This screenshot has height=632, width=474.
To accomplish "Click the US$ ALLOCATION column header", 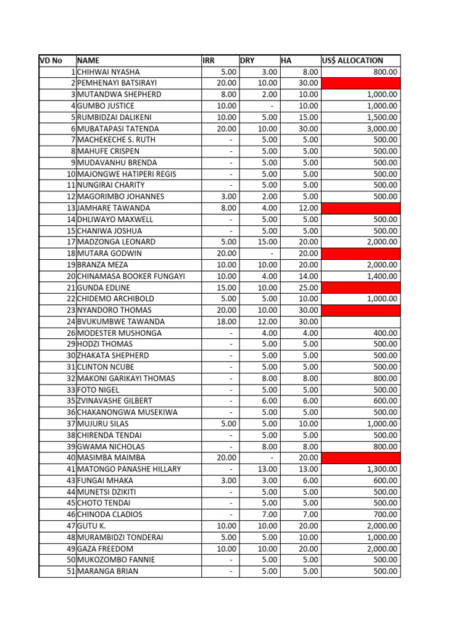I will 352,60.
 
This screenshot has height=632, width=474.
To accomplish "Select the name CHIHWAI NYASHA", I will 108,72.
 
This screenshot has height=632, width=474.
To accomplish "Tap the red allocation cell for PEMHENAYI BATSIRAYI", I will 360,83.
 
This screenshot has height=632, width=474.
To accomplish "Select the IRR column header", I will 209,60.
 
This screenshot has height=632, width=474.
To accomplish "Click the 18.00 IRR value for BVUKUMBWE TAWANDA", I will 227,322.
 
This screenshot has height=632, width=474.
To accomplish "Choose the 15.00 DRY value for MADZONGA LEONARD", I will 267,242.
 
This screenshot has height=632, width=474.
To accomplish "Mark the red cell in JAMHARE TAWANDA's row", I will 360,208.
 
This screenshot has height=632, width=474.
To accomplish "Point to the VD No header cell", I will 51,60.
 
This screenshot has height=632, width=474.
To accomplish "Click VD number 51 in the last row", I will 71,572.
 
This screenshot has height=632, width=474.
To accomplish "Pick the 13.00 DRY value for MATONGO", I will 267,469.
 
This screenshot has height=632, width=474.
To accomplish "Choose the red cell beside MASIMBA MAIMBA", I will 360,457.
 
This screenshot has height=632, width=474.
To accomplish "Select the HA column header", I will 286,60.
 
